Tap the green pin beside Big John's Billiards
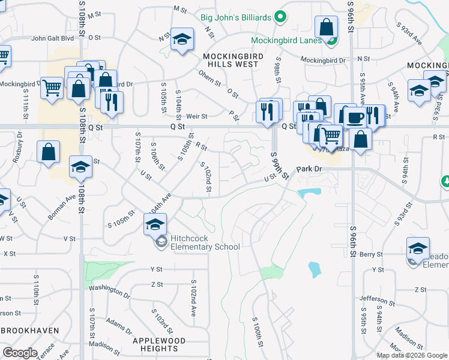tap(279, 16)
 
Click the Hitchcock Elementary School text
tap(205, 242)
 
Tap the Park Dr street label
tap(310, 169)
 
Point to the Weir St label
tap(196, 116)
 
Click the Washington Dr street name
tap(109, 292)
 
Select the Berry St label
tap(372, 255)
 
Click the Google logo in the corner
tap(20, 353)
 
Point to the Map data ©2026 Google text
tap(412, 355)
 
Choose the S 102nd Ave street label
tap(193, 298)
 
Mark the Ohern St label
tap(209, 77)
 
